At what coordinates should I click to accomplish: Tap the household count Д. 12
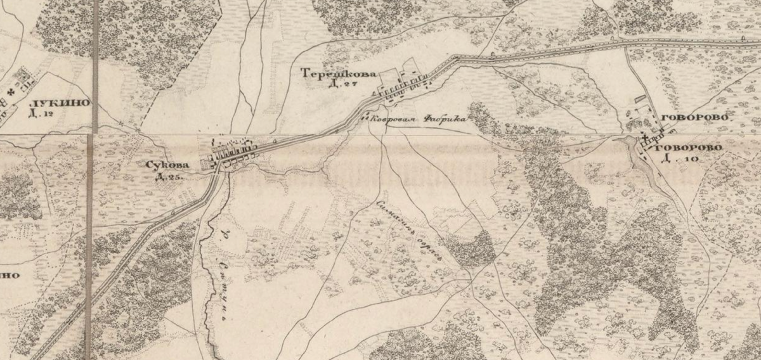pyautogui.click(x=42, y=114)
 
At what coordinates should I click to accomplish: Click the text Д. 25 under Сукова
pyautogui.click(x=169, y=176)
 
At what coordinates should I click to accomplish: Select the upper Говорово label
pyautogui.click(x=693, y=118)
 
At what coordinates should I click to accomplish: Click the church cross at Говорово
pyautogui.click(x=644, y=137)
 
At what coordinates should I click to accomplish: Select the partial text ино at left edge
pyautogui.click(x=9, y=276)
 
